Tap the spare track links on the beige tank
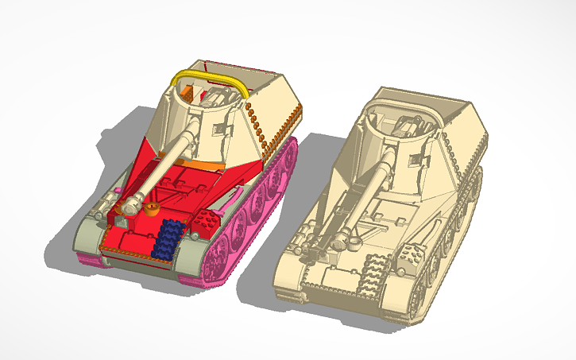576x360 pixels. pyautogui.click(x=369, y=274)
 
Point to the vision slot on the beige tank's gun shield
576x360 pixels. pyautogui.click(x=413, y=161)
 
